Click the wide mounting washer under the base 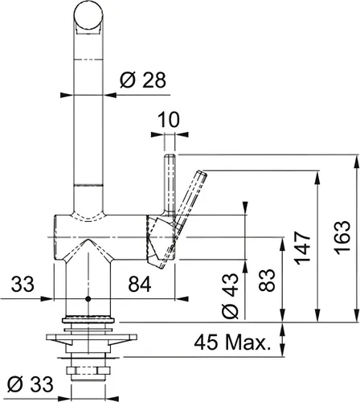pyautogui.click(x=87, y=332)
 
